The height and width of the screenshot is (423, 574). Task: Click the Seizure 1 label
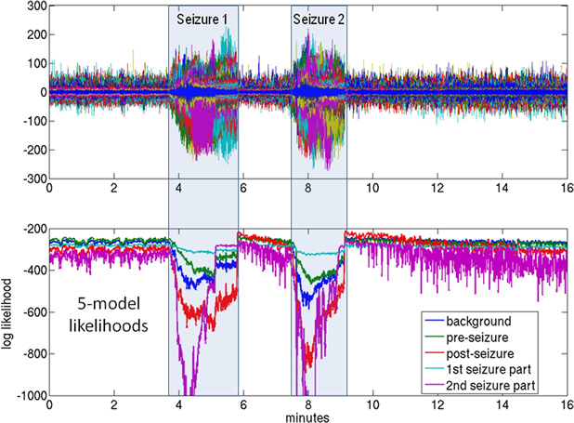[x=202, y=19]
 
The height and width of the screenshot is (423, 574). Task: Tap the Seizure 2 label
[x=319, y=19]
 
